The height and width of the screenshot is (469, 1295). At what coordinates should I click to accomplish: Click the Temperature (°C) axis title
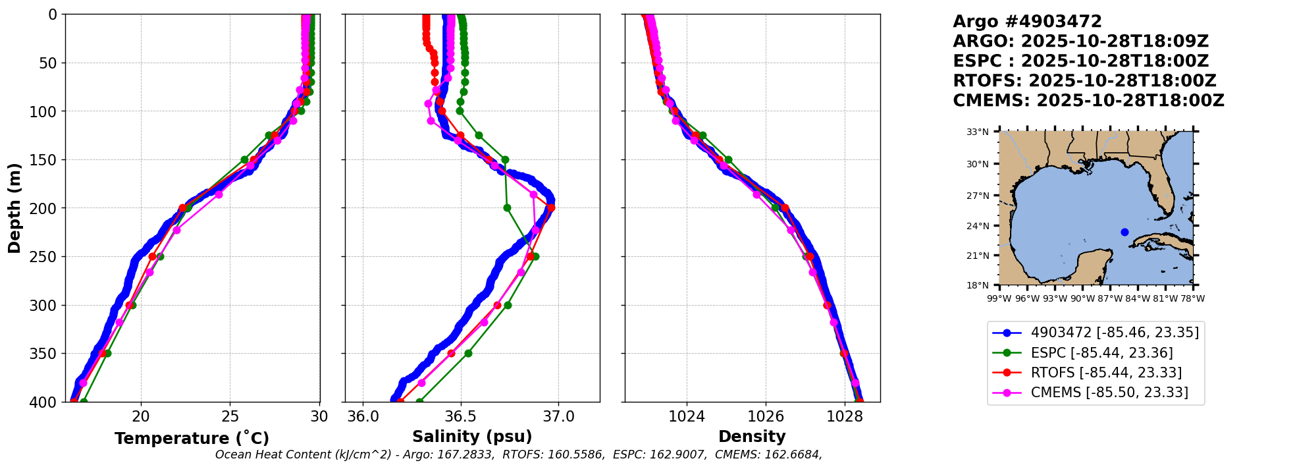click(192, 439)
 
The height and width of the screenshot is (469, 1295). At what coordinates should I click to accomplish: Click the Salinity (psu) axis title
click(472, 437)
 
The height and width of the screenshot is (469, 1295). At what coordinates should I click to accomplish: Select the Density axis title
click(752, 437)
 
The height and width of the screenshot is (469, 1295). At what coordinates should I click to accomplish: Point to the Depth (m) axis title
click(14, 208)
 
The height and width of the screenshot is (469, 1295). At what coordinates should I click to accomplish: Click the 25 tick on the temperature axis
click(230, 416)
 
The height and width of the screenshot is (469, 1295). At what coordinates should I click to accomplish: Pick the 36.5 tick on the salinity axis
click(461, 416)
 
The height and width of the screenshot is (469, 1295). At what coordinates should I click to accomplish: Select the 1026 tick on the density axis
click(766, 416)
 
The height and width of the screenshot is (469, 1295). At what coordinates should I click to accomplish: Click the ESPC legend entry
click(1092, 353)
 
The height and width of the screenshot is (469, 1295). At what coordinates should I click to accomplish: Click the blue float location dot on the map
click(1124, 232)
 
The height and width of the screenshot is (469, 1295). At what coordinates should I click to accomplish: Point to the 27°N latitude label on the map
click(978, 196)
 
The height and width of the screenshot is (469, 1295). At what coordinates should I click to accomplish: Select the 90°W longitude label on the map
click(1082, 298)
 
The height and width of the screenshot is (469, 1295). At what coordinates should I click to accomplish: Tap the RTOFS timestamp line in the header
click(1084, 81)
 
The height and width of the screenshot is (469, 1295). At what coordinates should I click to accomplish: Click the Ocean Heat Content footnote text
click(518, 455)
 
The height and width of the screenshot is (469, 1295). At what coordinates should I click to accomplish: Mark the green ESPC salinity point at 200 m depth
click(507, 208)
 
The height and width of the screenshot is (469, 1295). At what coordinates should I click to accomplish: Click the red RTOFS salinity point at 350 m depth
click(451, 354)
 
